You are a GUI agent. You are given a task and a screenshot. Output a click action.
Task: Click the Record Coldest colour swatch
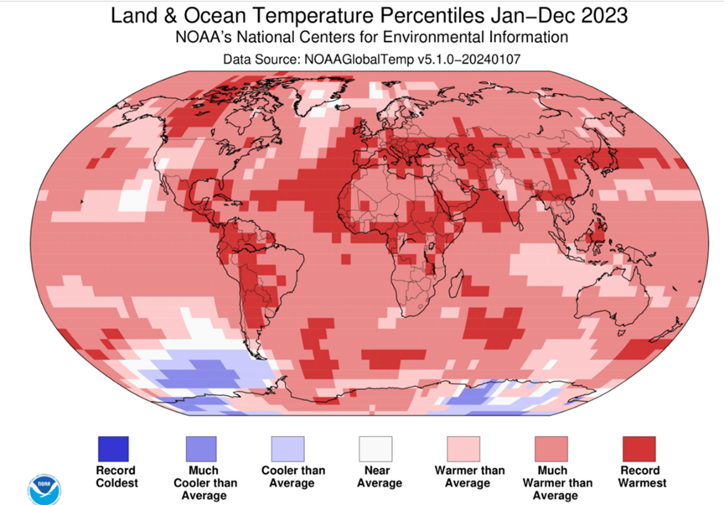coord(113,449)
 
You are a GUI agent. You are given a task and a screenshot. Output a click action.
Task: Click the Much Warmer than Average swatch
coord(551,449)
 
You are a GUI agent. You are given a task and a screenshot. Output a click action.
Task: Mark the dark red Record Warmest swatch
coord(639,449)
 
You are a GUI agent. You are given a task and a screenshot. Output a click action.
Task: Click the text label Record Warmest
coord(639,476)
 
